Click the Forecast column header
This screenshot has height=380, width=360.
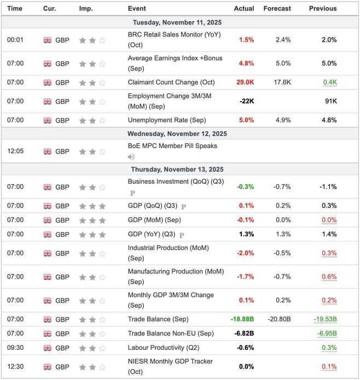[277, 8]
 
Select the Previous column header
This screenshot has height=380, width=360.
[323, 8]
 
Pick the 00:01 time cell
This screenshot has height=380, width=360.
[15, 40]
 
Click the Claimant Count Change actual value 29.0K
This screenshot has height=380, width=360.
[244, 83]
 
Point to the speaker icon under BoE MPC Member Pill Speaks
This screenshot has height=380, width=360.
[131, 156]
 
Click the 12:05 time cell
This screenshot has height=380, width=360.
[15, 151]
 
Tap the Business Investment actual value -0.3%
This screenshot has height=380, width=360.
[245, 186]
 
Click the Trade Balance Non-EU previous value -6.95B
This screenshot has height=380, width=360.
[327, 334]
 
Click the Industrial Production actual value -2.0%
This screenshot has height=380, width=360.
[245, 253]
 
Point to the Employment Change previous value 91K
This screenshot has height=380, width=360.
[330, 101]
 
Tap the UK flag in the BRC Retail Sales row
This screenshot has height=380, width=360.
[47, 40]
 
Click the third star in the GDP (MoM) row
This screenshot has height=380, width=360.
[102, 220]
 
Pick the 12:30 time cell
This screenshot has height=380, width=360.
[15, 366]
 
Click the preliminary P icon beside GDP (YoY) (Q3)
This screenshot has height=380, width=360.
[180, 235]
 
